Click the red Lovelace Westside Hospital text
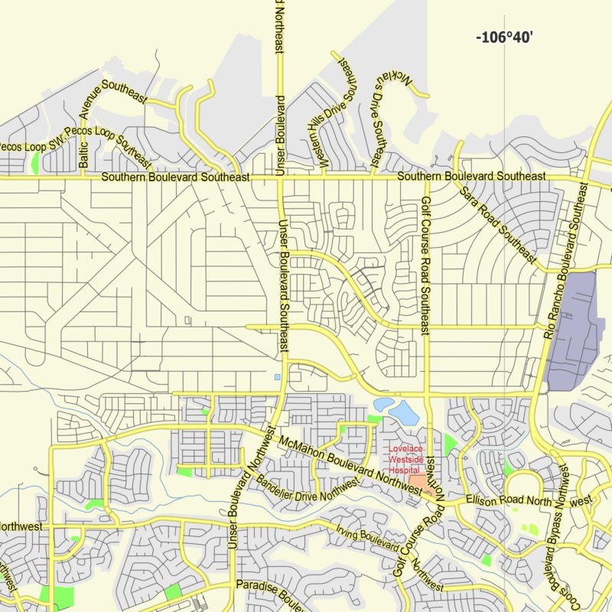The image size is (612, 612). tap(405, 459)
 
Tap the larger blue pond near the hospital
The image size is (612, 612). tap(403, 413)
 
